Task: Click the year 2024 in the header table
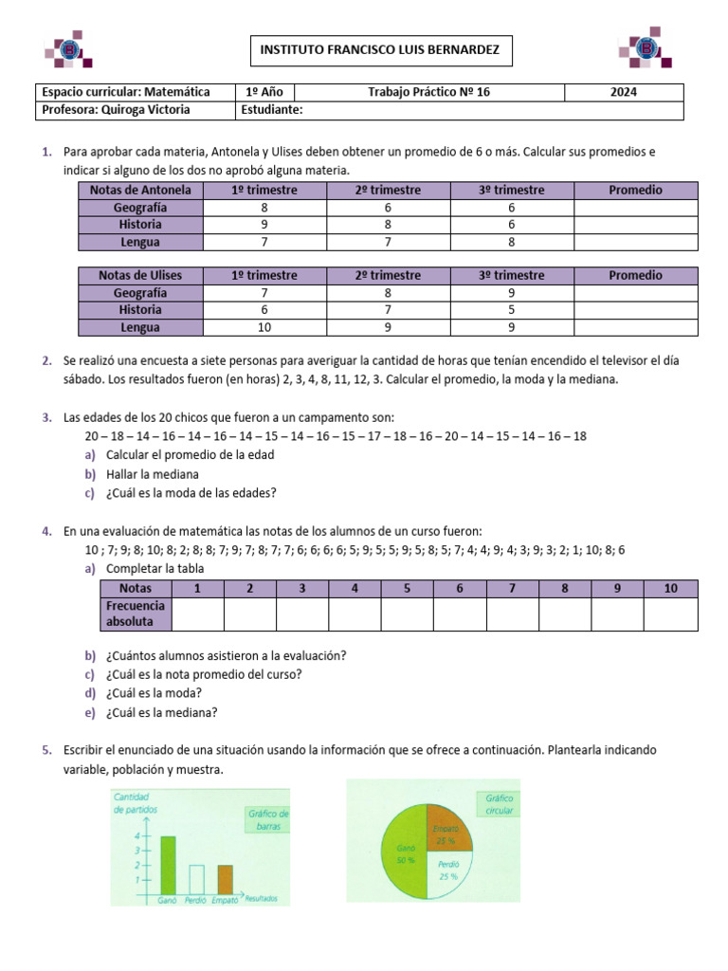tap(623, 92)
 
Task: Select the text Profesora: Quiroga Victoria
tap(117, 110)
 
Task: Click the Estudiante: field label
tap(272, 110)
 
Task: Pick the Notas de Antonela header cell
tap(140, 191)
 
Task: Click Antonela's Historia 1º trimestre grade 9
tap(264, 225)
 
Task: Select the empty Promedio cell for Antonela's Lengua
tap(635, 242)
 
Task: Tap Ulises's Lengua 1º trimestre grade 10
tap(264, 327)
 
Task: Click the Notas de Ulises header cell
tap(140, 276)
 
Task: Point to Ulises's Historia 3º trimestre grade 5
tap(512, 310)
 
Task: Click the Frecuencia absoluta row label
tap(136, 614)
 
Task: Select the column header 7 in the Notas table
tap(512, 589)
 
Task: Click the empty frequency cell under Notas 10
tap(670, 614)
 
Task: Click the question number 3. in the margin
tap(46, 418)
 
